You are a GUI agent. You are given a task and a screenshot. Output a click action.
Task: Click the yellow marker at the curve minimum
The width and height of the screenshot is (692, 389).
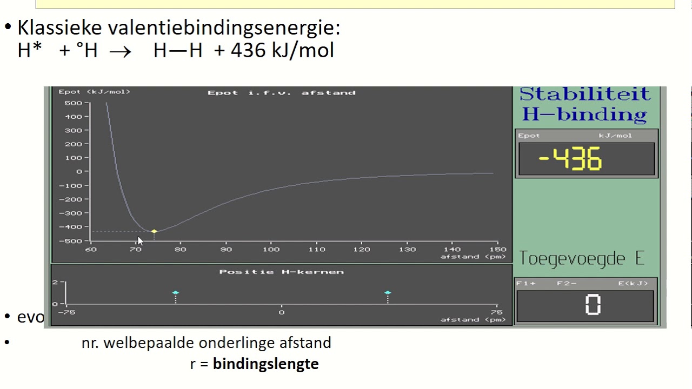[x=154, y=231]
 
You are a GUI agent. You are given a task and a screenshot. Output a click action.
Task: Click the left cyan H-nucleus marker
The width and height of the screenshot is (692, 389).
[x=175, y=293]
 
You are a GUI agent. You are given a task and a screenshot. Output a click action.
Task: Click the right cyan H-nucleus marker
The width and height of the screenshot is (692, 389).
[x=388, y=293]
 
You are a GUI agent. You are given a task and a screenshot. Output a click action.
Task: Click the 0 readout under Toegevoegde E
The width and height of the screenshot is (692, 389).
[x=593, y=305]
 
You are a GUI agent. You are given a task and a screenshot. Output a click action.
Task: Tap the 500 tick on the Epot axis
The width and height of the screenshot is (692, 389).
[x=74, y=103]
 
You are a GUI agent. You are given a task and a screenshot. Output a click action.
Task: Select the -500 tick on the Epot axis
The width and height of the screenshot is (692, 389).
[x=71, y=241]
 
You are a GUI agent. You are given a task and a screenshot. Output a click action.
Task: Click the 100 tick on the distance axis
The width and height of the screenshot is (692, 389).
[x=271, y=250]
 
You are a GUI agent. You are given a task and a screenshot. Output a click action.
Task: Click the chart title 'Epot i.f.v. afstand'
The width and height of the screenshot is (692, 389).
[x=281, y=93]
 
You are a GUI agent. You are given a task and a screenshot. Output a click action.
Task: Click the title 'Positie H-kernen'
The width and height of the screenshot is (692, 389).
[x=281, y=272]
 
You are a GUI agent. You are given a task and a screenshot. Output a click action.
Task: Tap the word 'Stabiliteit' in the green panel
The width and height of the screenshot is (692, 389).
[x=584, y=94]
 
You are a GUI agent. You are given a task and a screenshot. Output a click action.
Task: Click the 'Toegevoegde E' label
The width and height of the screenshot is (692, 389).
[x=582, y=258]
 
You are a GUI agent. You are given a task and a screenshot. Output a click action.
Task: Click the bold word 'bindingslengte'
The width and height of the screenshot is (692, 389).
[x=265, y=364]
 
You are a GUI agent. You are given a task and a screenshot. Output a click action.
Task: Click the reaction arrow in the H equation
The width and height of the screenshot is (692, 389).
[x=120, y=51]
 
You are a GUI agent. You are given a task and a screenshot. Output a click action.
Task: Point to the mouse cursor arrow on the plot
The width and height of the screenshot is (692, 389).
[x=139, y=241]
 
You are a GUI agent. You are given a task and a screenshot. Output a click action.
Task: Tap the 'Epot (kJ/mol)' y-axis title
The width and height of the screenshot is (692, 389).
[x=94, y=92]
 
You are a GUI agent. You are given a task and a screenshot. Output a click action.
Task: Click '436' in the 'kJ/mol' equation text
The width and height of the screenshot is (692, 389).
[x=248, y=50]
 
